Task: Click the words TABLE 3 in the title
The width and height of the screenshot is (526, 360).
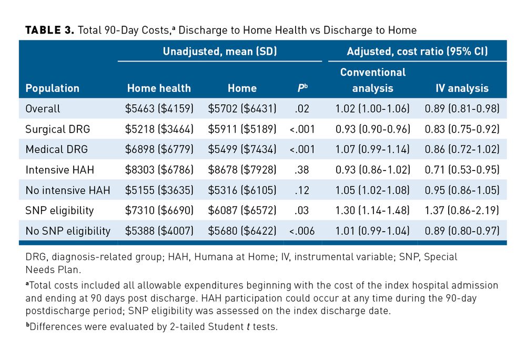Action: tap(49, 30)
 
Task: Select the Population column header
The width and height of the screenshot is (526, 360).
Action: tap(52, 88)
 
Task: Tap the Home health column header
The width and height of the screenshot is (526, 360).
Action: tap(159, 88)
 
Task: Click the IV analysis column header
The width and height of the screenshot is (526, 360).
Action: tap(462, 88)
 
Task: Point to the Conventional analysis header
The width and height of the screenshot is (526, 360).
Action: tap(372, 81)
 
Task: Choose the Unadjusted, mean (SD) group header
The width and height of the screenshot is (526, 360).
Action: tap(220, 52)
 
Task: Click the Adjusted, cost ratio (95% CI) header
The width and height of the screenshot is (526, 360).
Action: tap(417, 52)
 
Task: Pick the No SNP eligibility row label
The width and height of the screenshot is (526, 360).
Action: tap(68, 231)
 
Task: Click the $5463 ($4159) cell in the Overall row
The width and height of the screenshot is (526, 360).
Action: tap(159, 109)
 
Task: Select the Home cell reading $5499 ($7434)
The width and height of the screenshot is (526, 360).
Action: tap(242, 149)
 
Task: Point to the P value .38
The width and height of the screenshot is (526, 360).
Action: tap(302, 169)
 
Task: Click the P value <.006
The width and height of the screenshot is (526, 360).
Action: tap(302, 231)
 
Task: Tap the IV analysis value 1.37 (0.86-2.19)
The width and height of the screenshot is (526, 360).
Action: tap(462, 211)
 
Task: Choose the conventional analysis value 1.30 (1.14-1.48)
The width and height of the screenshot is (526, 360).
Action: tap(372, 211)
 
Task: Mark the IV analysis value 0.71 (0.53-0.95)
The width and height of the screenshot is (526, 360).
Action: tap(462, 169)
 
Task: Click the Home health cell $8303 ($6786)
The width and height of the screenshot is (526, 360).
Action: tap(159, 169)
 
